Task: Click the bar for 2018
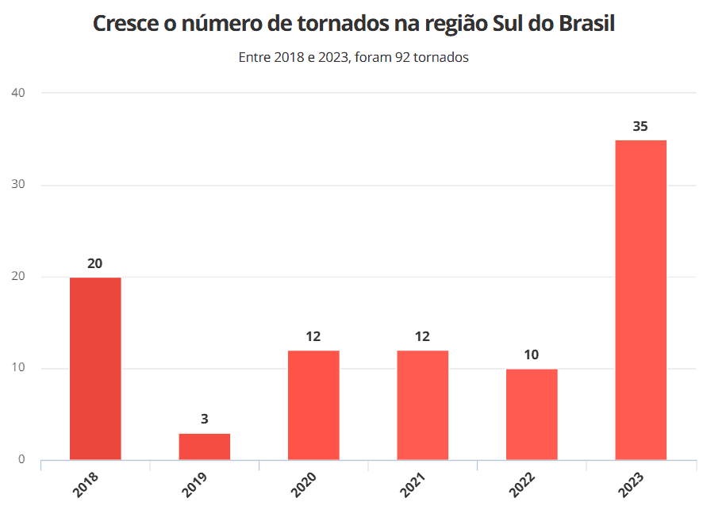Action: [x=95, y=369]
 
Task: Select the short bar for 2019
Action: [x=205, y=447]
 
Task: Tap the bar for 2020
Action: [x=313, y=405]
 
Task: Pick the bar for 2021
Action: [x=422, y=405]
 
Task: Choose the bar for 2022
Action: [x=532, y=414]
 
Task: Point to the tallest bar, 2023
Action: [x=640, y=300]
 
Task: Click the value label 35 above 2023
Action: [x=640, y=126]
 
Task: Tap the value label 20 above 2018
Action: [x=95, y=263]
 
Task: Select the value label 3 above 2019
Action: [x=205, y=419]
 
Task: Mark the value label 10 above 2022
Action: [x=532, y=355]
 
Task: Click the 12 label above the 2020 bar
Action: [x=313, y=336]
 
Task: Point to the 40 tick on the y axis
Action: [x=18, y=93]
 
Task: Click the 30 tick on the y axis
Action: [x=18, y=185]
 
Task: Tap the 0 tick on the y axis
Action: [x=21, y=459]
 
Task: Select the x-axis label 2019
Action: [x=194, y=485]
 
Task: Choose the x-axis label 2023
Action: [x=631, y=485]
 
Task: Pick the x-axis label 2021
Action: [x=413, y=485]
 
